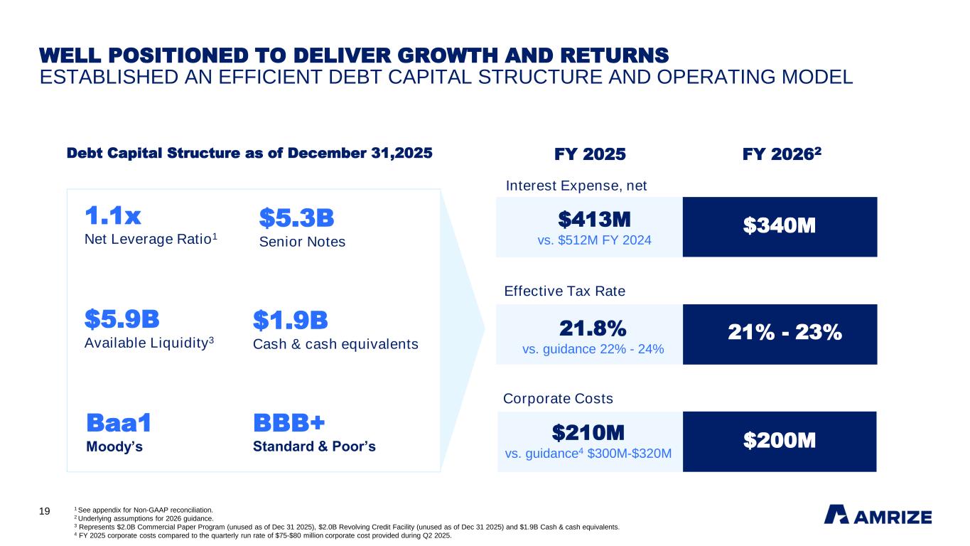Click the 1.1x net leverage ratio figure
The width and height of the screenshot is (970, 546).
coord(113,215)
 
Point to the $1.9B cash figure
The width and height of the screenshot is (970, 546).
coord(290,321)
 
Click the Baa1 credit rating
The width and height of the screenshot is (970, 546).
coord(119,423)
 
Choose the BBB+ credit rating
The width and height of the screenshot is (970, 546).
coord(289,423)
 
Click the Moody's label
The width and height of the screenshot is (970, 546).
coord(114,447)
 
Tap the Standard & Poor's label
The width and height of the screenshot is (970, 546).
coord(314,447)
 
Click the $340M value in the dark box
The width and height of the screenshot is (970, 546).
coord(779,226)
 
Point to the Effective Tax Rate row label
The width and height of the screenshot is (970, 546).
coord(564,291)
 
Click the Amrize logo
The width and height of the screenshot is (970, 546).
coord(878,515)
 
